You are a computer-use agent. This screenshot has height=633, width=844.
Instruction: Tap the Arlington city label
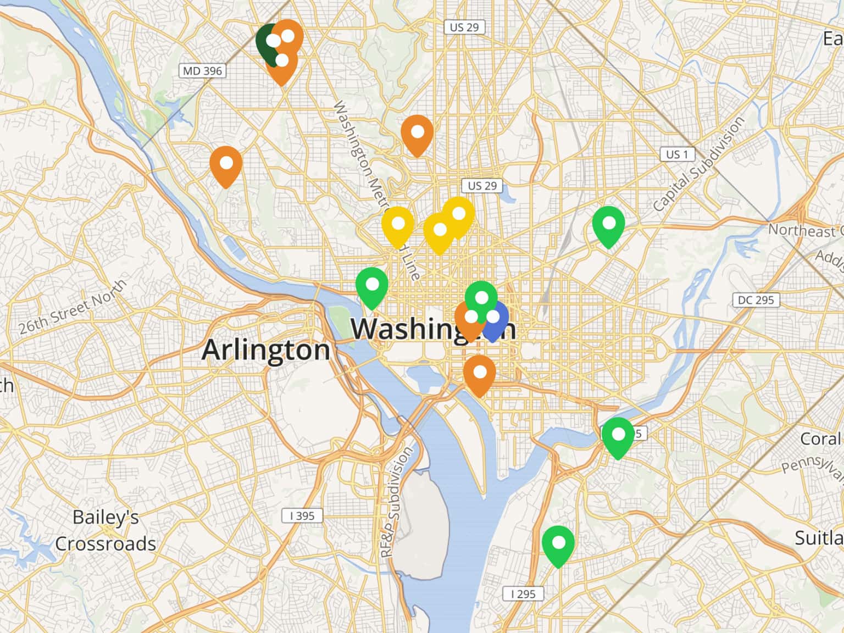266,350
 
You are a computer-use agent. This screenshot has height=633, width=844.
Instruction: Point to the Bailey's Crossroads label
105,530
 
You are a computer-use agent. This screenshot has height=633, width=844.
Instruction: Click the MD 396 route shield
203,71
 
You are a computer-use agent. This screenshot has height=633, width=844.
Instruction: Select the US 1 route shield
677,154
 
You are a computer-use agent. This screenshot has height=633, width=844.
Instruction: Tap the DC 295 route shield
756,300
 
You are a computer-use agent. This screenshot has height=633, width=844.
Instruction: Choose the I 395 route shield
302,515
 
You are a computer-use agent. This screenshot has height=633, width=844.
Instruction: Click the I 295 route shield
523,593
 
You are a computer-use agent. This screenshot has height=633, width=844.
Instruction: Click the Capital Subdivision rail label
699,164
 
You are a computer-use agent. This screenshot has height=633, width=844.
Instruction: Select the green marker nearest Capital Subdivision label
608,225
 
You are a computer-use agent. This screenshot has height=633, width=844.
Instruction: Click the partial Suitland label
819,538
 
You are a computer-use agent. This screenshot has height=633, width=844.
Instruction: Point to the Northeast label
803,230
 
